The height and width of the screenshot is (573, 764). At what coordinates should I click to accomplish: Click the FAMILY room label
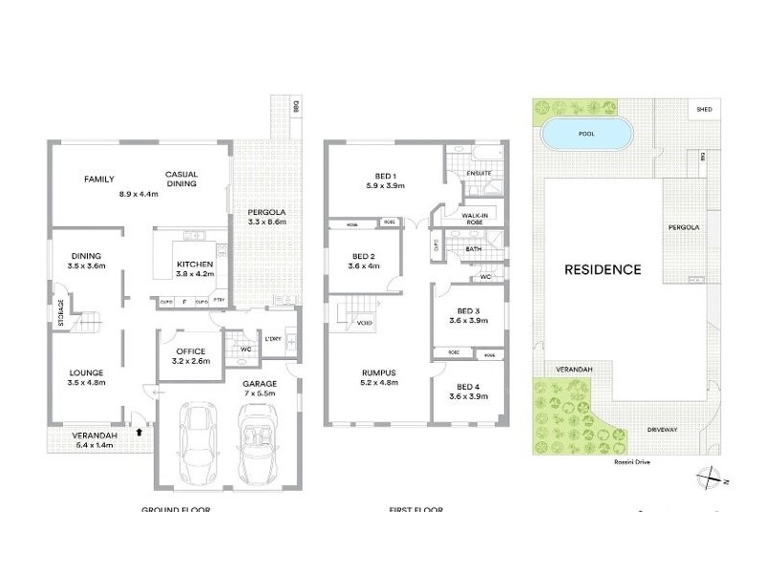pos(98,179)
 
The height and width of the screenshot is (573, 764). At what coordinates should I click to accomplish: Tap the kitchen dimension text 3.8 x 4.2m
pos(194,274)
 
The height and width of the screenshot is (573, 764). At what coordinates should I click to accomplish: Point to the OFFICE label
pos(191,351)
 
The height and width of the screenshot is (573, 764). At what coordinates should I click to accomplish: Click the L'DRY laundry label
pos(274,339)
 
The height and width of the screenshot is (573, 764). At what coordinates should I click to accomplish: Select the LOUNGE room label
pos(85,372)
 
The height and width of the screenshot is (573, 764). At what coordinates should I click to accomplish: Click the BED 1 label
pos(385,175)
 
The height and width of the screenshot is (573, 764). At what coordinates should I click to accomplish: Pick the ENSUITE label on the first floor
pos(477,174)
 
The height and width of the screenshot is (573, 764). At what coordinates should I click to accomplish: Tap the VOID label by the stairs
pos(364,323)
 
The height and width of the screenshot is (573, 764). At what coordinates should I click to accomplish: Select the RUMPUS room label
pos(379,372)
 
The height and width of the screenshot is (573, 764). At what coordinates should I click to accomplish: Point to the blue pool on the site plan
pos(585,135)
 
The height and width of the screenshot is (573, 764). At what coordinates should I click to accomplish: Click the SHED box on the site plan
pos(705,110)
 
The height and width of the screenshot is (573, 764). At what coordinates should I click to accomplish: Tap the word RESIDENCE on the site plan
pos(603,269)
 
